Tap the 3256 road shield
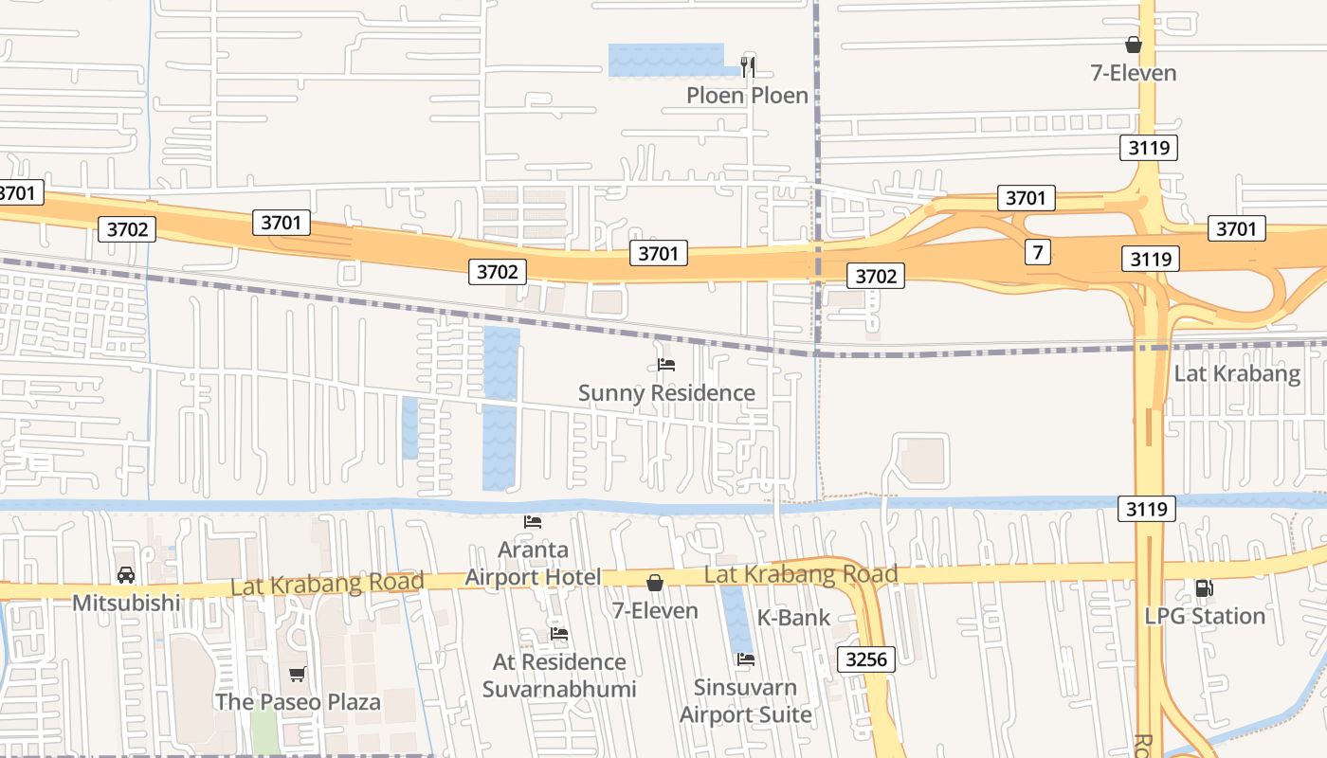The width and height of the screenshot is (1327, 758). [866, 659]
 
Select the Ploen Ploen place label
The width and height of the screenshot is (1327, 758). [747, 96]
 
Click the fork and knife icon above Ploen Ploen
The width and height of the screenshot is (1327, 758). [748, 66]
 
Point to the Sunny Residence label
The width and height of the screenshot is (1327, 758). [666, 393]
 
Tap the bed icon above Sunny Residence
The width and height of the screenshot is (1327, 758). [666, 364]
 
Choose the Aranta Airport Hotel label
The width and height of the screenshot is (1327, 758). [533, 564]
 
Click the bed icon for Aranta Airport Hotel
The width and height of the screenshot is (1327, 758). [533, 521]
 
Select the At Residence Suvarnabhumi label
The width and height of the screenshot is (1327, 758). [559, 675]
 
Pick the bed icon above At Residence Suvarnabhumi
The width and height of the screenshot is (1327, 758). [559, 633]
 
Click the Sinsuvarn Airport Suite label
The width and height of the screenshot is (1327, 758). [746, 700]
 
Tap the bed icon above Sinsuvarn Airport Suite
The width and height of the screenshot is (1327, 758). [746, 659]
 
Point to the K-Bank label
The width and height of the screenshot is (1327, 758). [793, 618]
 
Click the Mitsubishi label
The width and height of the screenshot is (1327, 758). [126, 603]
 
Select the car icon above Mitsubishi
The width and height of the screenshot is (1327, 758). [126, 575]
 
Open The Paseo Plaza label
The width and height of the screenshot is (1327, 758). [298, 702]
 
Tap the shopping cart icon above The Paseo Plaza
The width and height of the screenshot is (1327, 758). [298, 674]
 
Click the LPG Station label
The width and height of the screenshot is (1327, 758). [1205, 616]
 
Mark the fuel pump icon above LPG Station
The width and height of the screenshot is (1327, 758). [1204, 587]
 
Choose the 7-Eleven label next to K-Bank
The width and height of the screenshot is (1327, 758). [655, 611]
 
